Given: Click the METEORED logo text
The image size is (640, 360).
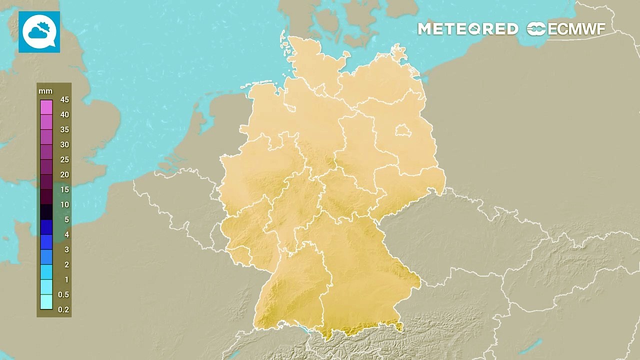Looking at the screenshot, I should click(x=467, y=29).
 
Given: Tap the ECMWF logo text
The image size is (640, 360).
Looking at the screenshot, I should click(x=576, y=29).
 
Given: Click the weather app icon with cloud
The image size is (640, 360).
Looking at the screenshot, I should click(x=39, y=32).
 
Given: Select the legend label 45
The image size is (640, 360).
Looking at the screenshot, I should click(x=64, y=99).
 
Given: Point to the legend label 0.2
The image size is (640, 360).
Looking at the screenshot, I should click(x=63, y=309).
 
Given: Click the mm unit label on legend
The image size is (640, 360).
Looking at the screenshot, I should click(x=45, y=91).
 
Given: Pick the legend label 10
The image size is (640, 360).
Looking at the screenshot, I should click(x=64, y=204).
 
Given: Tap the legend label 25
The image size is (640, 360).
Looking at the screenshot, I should click(x=64, y=159).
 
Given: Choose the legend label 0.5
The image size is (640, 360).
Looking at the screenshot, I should click(x=63, y=294).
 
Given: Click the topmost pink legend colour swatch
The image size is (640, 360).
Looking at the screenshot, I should click(x=46, y=107).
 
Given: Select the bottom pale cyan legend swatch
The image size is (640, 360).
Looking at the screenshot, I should click(x=46, y=302).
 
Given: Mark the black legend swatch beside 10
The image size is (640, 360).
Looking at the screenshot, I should click(x=46, y=212).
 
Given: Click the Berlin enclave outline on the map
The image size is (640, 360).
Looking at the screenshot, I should click(x=402, y=131).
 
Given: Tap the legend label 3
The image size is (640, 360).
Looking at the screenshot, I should click(x=66, y=249).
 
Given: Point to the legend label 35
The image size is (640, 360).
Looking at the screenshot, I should click(x=64, y=129).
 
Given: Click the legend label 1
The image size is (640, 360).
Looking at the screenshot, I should click(x=66, y=279).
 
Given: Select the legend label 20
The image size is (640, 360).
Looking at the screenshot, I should click(x=64, y=174).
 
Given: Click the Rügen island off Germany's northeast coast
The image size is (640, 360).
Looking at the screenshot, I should click(x=398, y=52).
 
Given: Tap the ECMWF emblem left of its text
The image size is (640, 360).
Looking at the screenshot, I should click(x=536, y=29).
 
